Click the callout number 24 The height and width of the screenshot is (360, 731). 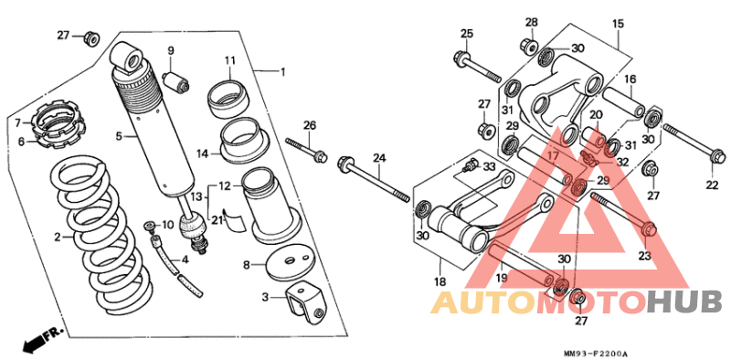click(x=379, y=159)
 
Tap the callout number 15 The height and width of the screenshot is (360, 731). click(x=618, y=25)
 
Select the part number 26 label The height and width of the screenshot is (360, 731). click(x=310, y=125)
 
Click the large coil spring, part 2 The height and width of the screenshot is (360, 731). click(x=101, y=238)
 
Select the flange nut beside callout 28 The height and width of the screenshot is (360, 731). click(x=530, y=45)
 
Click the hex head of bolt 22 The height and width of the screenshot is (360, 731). click(x=718, y=155)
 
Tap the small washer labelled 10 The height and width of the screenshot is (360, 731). click(x=150, y=226)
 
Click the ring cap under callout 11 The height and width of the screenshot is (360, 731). click(x=228, y=99)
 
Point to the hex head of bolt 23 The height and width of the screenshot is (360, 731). click(x=649, y=229)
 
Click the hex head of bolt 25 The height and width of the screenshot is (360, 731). click(x=460, y=58)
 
